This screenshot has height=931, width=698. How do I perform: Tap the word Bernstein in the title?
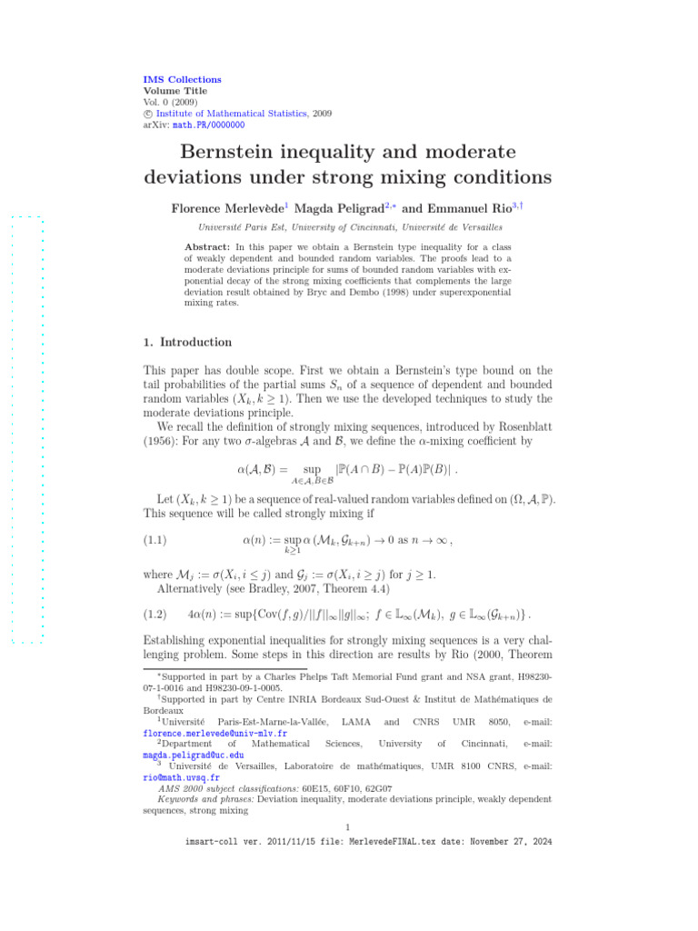coord(239,151)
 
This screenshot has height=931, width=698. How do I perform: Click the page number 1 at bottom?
coord(348,826)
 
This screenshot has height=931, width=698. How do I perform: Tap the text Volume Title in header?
coord(175,91)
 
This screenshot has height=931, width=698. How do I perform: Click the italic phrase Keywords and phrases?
coord(209,799)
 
